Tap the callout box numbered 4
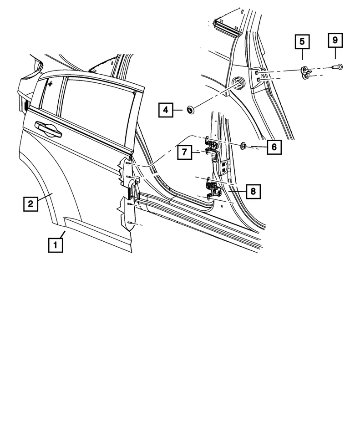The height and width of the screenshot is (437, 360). [x=167, y=110]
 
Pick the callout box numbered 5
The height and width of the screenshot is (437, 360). [x=302, y=42]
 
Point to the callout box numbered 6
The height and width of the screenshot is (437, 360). [x=274, y=147]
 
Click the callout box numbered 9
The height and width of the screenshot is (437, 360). [x=335, y=41]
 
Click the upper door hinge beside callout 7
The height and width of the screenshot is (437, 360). [x=211, y=147]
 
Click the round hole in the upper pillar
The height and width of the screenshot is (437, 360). [x=238, y=83]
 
